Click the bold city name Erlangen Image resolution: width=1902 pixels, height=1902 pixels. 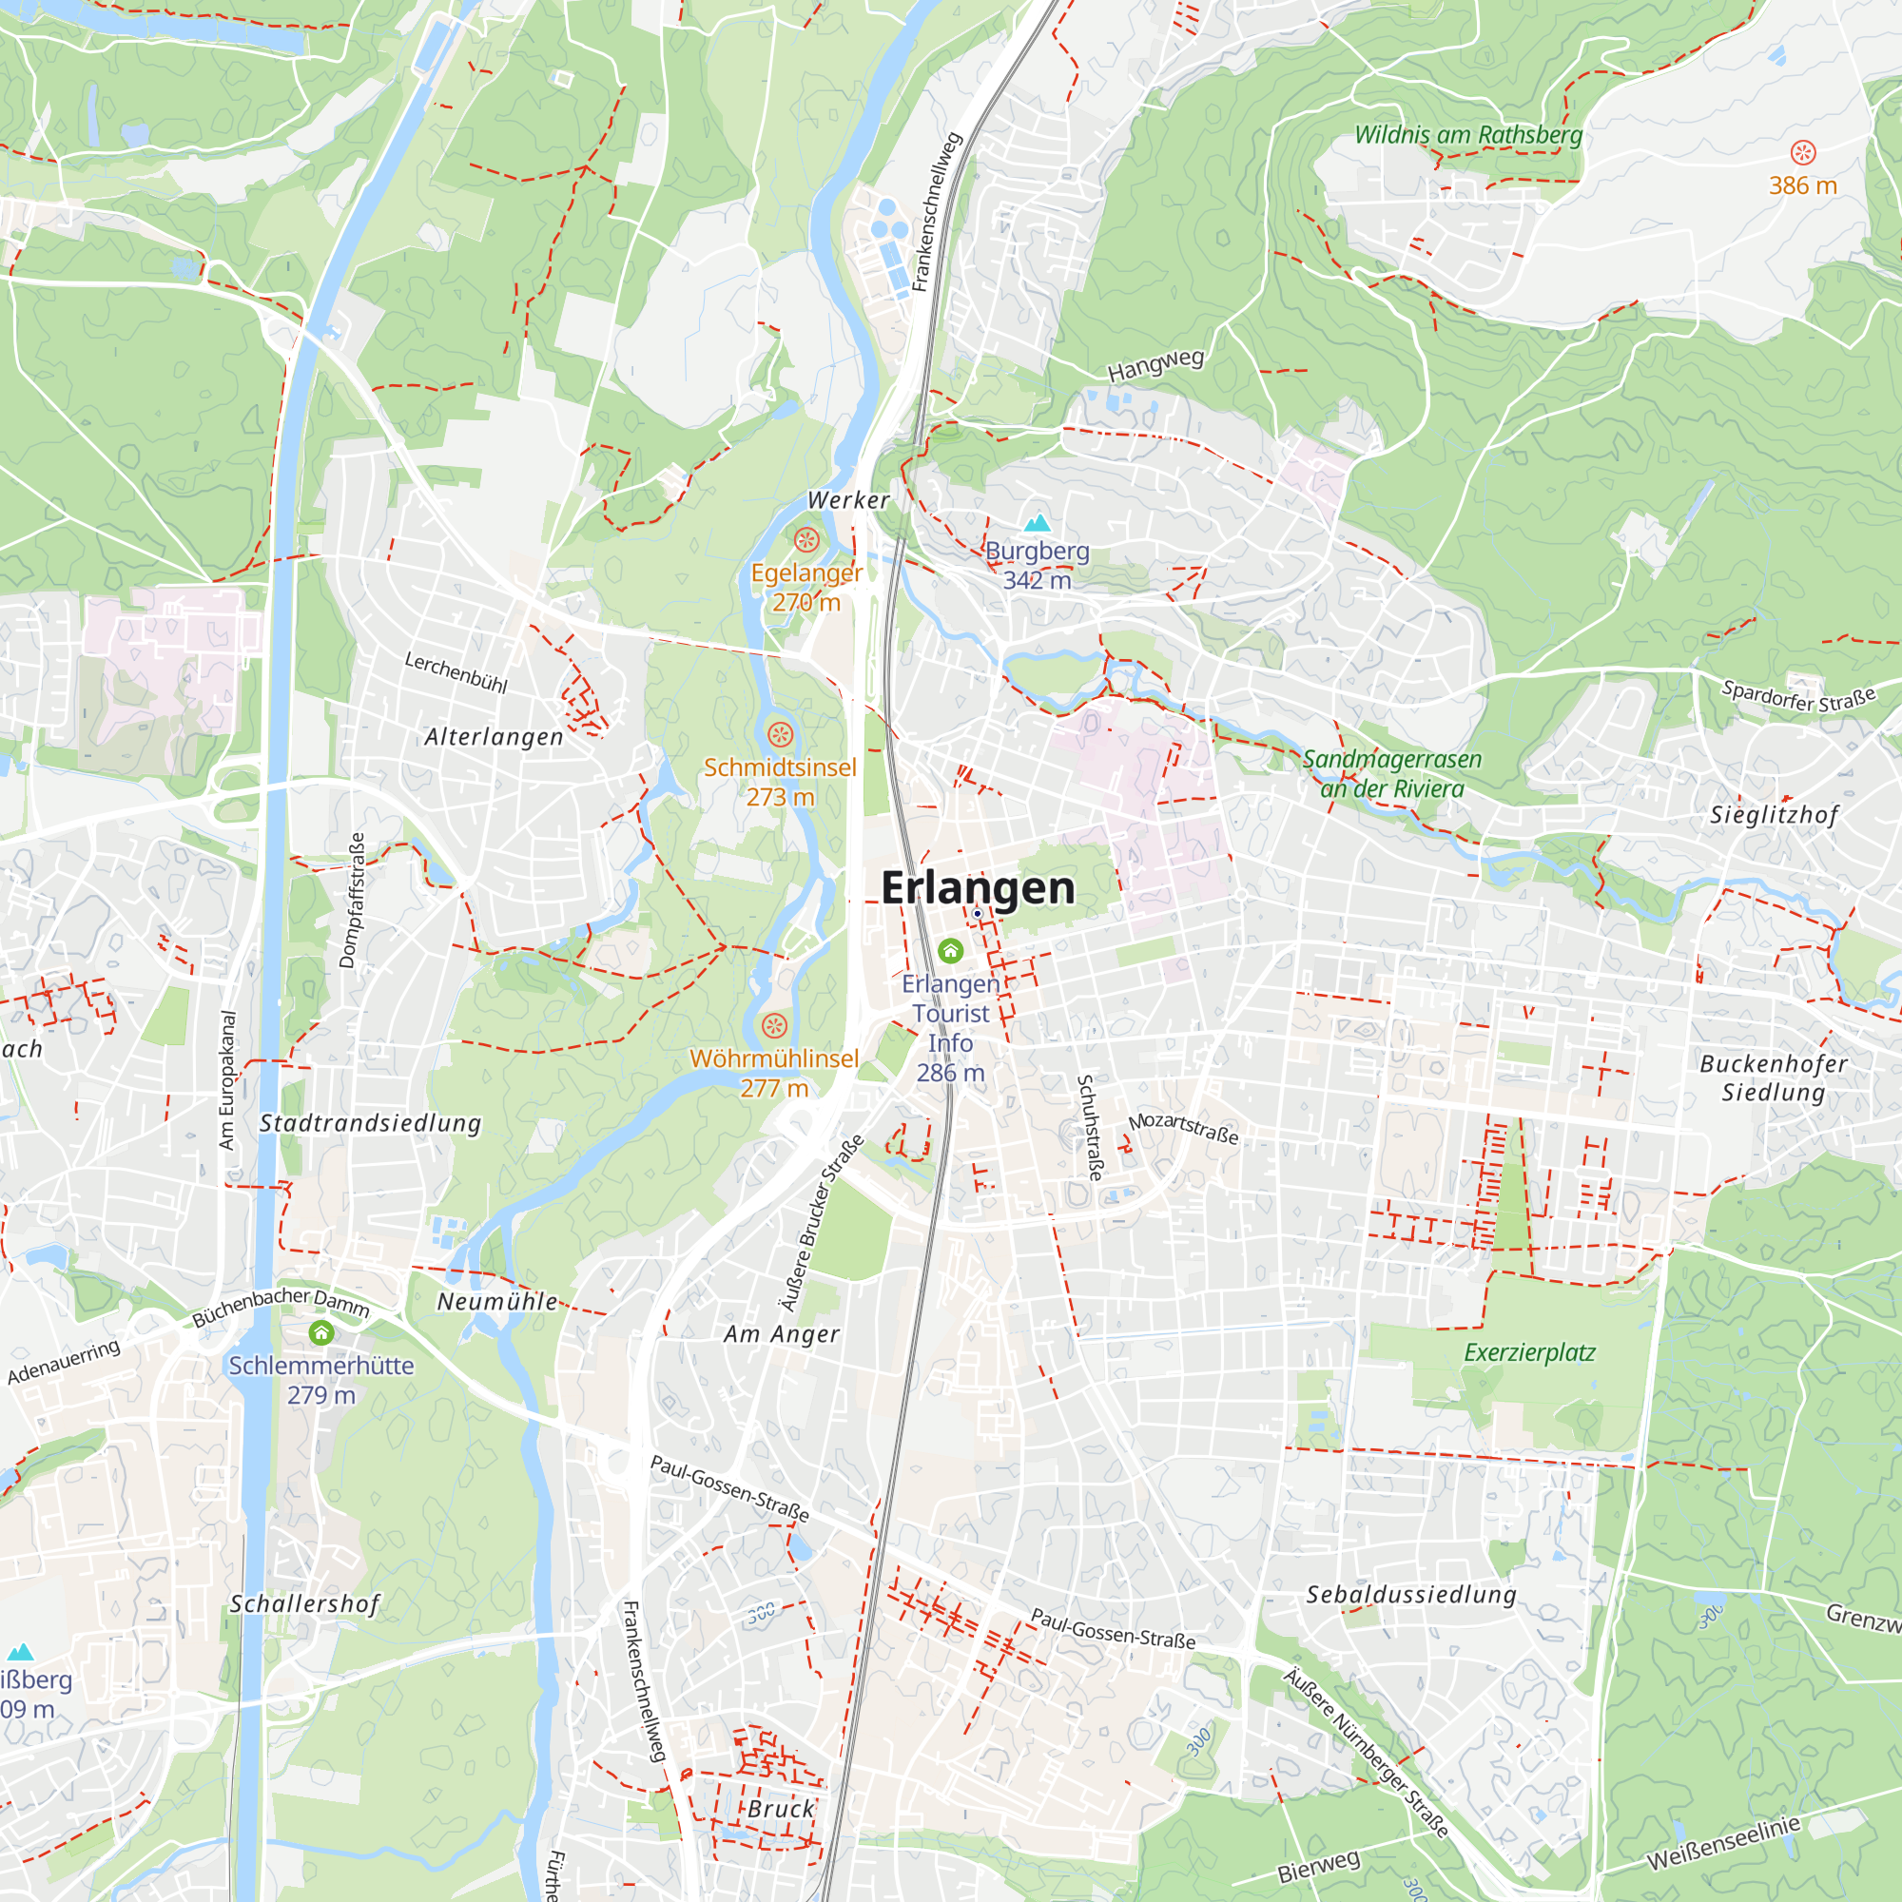[977, 888]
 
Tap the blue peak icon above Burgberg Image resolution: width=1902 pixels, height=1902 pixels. [1037, 523]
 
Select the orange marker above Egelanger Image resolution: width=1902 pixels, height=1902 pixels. [806, 539]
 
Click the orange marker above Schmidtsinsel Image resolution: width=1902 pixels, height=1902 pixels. [780, 734]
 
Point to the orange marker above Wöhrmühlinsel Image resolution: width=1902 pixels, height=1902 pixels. [775, 1026]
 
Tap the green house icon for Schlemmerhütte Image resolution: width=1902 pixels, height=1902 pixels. [320, 1333]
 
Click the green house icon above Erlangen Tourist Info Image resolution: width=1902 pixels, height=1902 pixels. [950, 950]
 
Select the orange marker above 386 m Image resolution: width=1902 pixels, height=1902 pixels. [1802, 152]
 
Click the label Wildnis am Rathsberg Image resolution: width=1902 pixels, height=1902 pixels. [1467, 135]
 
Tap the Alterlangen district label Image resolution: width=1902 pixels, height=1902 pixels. [494, 737]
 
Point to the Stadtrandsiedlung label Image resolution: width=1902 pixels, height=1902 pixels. [370, 1123]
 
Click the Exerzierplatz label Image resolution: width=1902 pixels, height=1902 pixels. [1529, 1352]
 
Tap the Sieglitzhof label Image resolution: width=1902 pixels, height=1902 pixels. [1774, 815]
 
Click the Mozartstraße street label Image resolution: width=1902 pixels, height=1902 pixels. [1183, 1128]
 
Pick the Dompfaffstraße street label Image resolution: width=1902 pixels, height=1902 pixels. [352, 900]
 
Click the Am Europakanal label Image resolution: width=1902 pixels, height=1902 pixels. [227, 1080]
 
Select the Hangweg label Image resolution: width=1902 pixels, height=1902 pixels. [1155, 365]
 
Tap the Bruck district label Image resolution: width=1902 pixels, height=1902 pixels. [781, 1810]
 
